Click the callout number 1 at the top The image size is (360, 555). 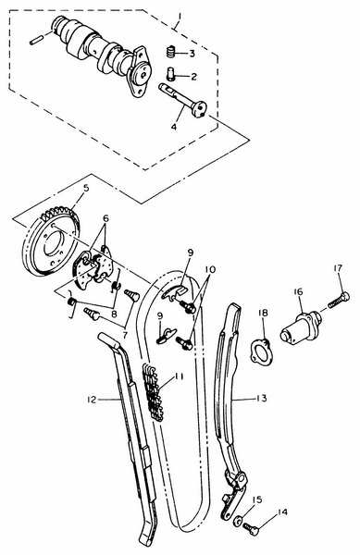pyautogui.click(x=179, y=18)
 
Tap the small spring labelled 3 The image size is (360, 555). pyautogui.click(x=171, y=53)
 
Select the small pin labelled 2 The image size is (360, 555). pyautogui.click(x=170, y=74)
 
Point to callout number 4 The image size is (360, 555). pyautogui.click(x=174, y=127)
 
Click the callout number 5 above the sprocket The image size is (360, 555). pyautogui.click(x=86, y=189)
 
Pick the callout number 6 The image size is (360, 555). pyautogui.click(x=106, y=218)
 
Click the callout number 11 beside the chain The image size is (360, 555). pyautogui.click(x=179, y=376)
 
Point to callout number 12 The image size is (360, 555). pyautogui.click(x=92, y=400)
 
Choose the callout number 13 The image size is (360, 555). pyautogui.click(x=262, y=398)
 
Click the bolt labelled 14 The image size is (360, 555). pyautogui.click(x=251, y=529)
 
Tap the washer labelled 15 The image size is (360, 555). pyautogui.click(x=238, y=520)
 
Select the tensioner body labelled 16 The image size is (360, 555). pyautogui.click(x=300, y=326)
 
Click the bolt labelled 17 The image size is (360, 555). pyautogui.click(x=339, y=300)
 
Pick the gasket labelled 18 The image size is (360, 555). pyautogui.click(x=262, y=351)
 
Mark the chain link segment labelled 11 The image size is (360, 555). pyautogui.click(x=154, y=392)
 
